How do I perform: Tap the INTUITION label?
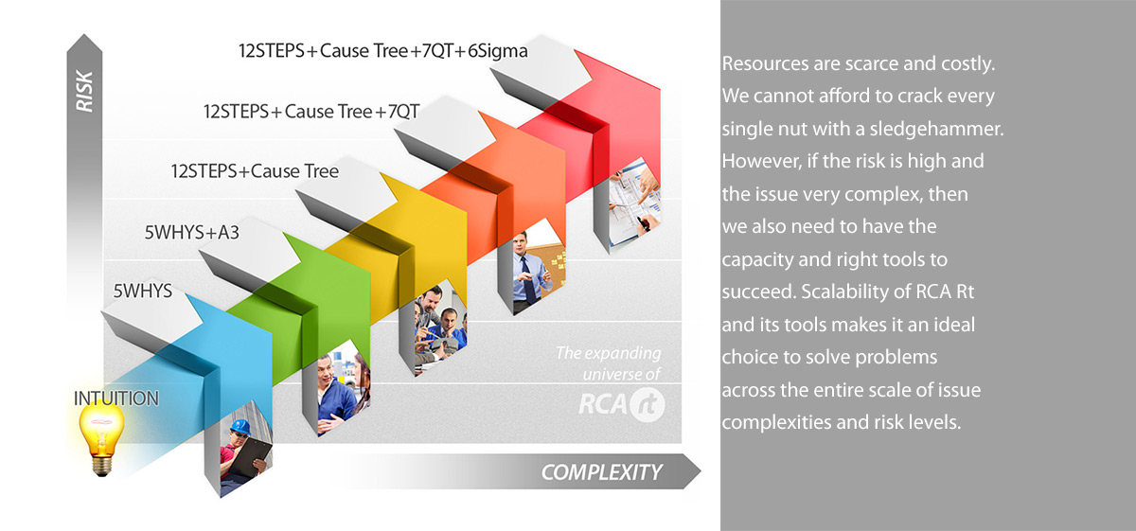coord(116,398)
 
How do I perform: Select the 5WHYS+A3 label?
coord(191,232)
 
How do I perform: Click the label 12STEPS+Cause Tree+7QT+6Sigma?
coord(382,51)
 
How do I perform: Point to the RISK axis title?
coord(84,91)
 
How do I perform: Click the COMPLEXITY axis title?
coord(601,472)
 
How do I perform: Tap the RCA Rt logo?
coord(621,404)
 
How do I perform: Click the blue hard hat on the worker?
coord(240,427)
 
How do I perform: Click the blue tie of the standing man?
coord(527,280)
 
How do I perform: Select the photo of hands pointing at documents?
coord(635,203)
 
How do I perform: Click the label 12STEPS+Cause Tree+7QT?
coord(311,112)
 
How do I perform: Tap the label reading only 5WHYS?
coord(143,292)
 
